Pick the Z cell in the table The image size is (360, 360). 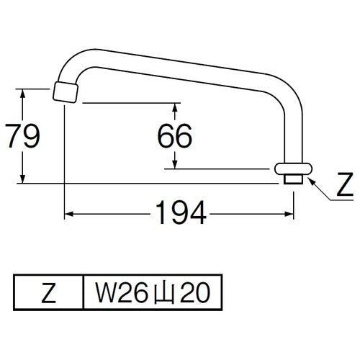[49, 292]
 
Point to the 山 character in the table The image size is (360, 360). [156, 292]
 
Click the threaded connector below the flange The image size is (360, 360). [292, 179]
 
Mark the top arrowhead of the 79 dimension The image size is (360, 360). [24, 92]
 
